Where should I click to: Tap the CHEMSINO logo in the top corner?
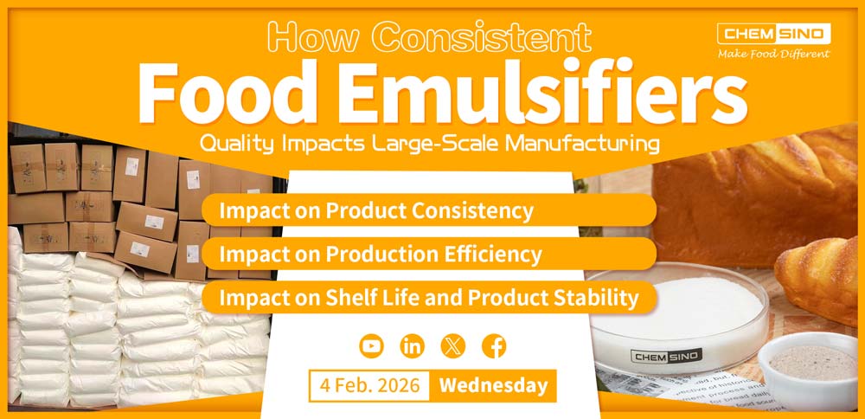[x=773, y=34]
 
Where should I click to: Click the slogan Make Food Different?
[x=773, y=54]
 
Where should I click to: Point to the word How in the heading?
[x=307, y=36]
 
